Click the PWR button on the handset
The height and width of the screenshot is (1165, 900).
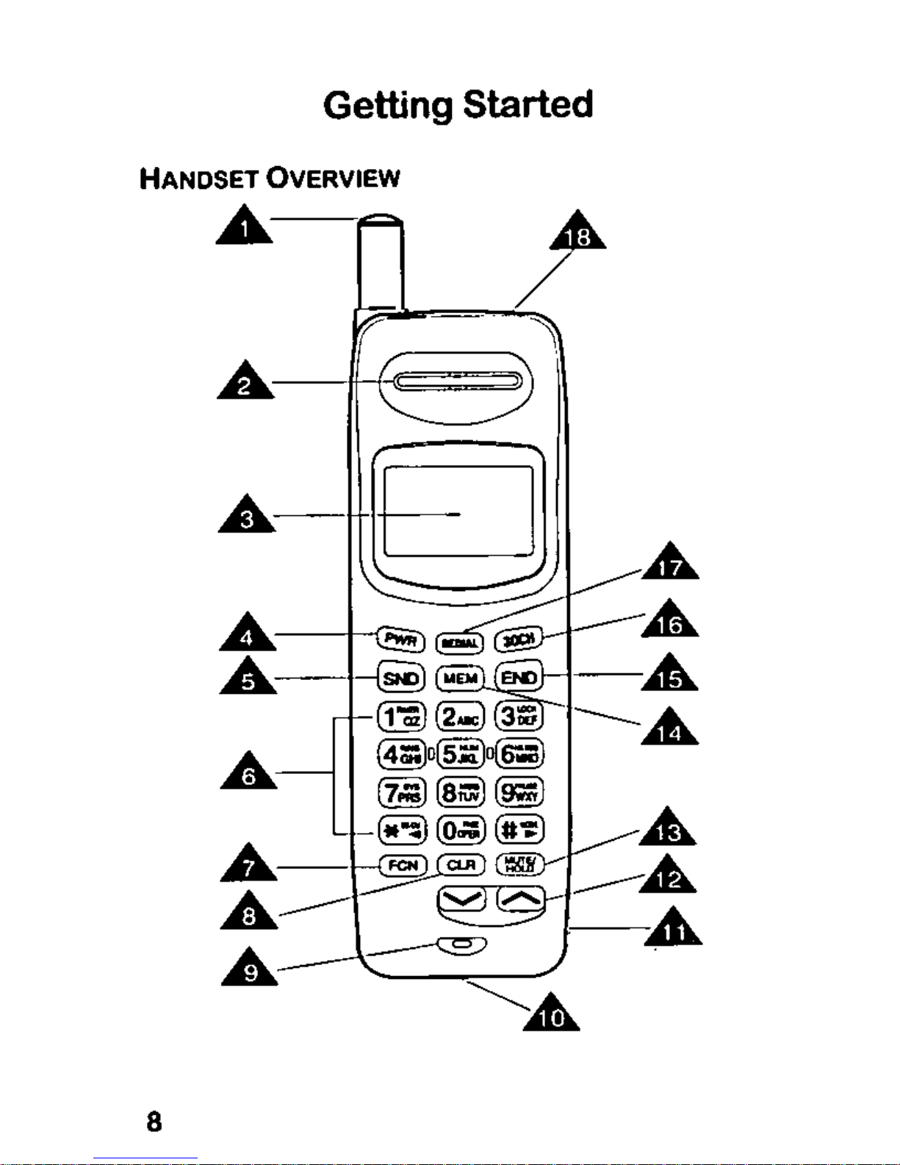tap(401, 639)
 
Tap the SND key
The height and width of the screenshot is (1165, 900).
tap(401, 678)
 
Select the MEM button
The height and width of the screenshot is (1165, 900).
tap(461, 678)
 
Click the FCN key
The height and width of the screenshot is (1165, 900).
tap(403, 866)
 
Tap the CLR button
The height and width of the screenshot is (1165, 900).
tap(461, 865)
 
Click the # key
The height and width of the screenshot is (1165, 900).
tap(520, 830)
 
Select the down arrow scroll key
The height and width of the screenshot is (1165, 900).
tap(461, 898)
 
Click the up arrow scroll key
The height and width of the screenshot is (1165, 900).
tap(521, 897)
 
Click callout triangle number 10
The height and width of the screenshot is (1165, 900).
tap(552, 1014)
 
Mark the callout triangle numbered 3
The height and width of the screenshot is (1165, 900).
tap(248, 516)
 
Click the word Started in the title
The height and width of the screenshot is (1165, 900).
tap(528, 105)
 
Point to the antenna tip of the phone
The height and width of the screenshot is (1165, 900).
tap(381, 220)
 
